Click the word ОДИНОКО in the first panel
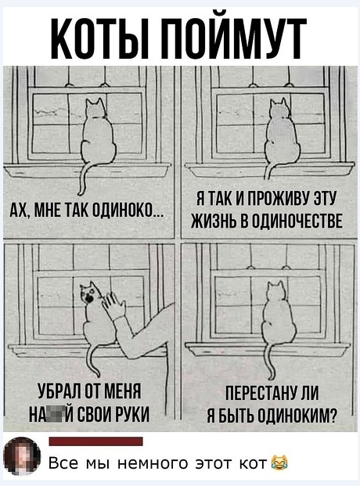tap(128, 211)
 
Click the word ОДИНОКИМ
tap(298, 412)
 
